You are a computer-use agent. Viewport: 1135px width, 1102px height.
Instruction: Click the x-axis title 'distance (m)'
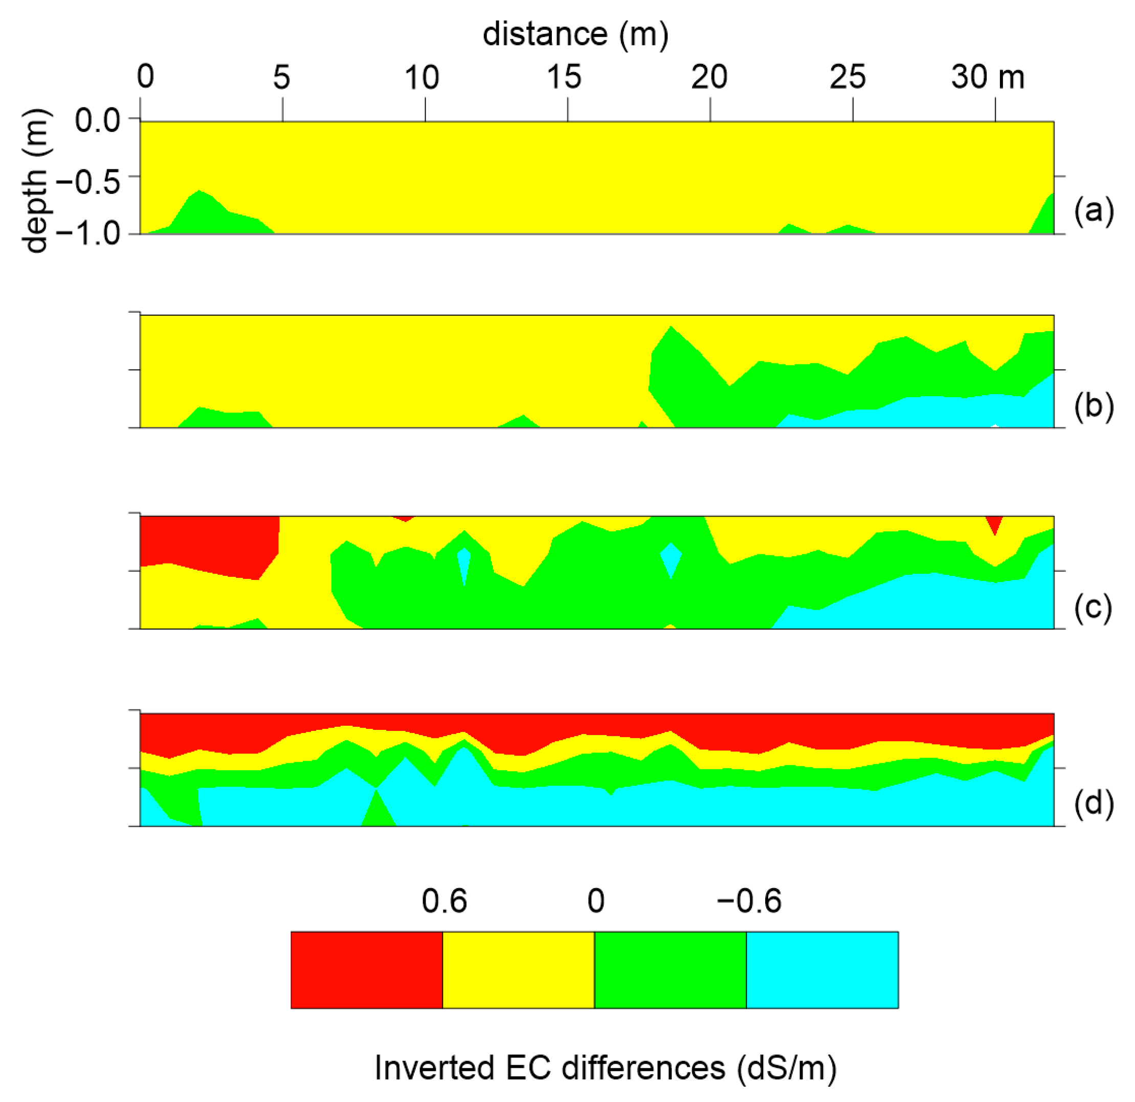click(575, 34)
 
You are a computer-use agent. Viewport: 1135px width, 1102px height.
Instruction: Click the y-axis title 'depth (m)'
click(36, 181)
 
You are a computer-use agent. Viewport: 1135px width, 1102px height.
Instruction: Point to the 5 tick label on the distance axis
click(281, 77)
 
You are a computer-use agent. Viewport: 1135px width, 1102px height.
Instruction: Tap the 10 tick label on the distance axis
click(421, 77)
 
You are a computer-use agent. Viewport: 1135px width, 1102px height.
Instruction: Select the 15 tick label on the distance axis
click(564, 77)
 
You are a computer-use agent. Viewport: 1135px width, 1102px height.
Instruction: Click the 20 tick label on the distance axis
click(709, 77)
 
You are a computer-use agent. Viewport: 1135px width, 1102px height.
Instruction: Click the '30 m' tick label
click(987, 77)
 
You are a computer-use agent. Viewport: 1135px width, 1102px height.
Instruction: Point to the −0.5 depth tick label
click(89, 182)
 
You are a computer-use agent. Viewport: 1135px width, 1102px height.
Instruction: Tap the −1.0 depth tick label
click(89, 234)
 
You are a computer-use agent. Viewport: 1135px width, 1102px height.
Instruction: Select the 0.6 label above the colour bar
click(444, 901)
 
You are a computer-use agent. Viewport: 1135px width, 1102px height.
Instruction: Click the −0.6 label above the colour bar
click(749, 901)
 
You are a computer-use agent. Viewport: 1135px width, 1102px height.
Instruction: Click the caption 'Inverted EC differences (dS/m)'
click(605, 1067)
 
